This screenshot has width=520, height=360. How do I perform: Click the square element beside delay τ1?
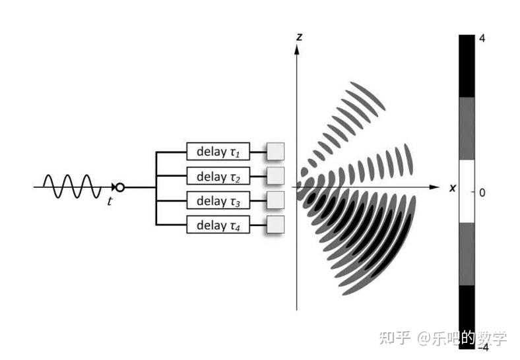(x=275, y=152)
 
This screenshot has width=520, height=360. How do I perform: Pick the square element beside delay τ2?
(x=275, y=175)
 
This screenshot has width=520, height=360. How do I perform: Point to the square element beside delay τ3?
(x=275, y=200)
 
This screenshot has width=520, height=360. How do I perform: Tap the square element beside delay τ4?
(x=275, y=224)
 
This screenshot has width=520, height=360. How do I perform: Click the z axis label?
(x=299, y=37)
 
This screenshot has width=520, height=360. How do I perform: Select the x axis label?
(x=453, y=189)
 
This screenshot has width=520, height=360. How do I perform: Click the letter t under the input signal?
(x=110, y=202)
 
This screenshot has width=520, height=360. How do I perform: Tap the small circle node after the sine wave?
(x=119, y=187)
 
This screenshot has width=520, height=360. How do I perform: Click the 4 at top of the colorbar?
(x=482, y=39)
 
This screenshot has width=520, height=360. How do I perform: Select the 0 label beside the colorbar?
(x=482, y=193)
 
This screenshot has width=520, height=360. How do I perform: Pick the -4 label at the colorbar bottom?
(x=482, y=347)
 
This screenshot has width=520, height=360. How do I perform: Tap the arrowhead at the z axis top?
(x=297, y=49)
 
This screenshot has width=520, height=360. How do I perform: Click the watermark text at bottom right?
(x=443, y=338)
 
